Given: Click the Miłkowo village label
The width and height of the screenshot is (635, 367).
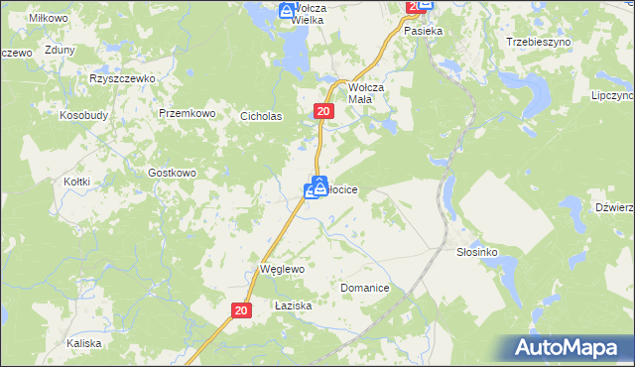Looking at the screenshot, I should point(48,19).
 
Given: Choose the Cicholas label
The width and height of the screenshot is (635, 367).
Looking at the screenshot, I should point(262,116).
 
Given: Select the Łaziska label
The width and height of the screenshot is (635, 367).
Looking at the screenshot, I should point(294,306).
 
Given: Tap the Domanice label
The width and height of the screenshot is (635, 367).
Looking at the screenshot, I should point(364,288).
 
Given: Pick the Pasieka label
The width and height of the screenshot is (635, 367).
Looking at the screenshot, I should point(423,31).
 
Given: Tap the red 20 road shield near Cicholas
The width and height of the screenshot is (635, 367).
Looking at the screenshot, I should point(323,113).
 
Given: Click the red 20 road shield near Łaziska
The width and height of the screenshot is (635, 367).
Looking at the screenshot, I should point(242,310).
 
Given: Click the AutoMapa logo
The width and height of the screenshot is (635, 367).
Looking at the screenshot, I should point(569,348).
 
